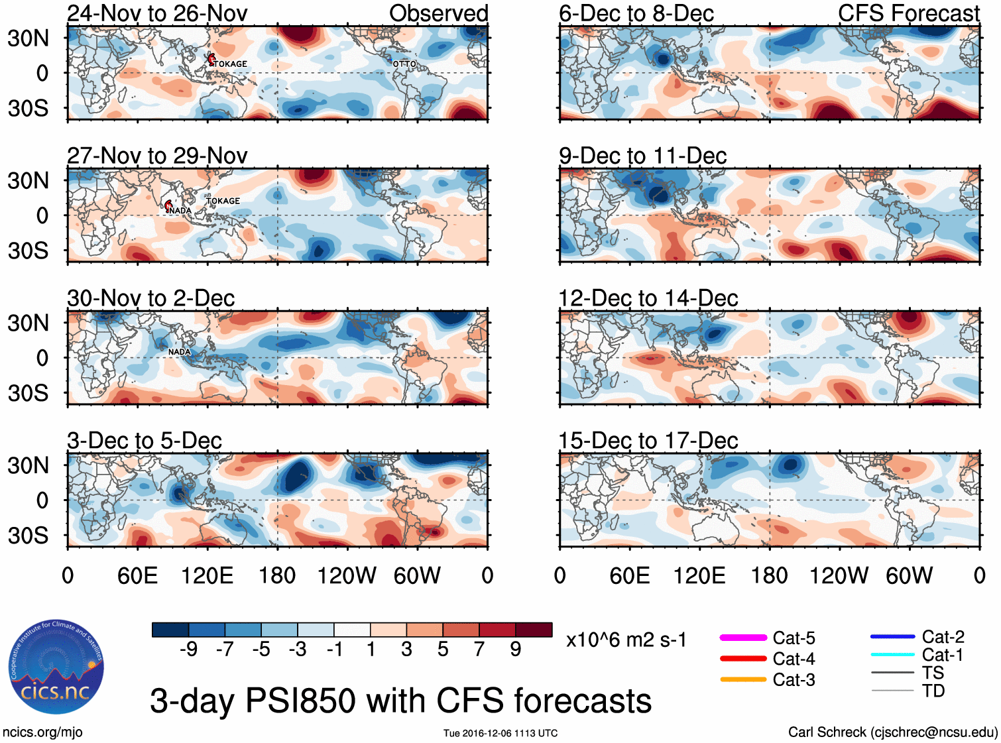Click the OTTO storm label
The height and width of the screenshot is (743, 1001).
coord(404,64)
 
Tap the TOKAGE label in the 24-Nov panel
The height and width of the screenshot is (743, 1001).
coord(231,64)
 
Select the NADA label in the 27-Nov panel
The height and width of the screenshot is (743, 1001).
coord(180,210)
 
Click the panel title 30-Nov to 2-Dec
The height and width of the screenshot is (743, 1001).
coord(151,298)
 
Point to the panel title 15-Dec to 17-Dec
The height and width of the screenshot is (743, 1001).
coord(648,441)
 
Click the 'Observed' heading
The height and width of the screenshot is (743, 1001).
coord(439,13)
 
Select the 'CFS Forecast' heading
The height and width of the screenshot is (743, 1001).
coord(909,13)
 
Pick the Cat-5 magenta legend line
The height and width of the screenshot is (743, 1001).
coord(743,638)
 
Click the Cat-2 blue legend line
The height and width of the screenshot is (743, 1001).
coord(892,636)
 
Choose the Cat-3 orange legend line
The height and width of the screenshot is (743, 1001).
coord(743,679)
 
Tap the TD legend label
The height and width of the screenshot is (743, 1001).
coord(933,691)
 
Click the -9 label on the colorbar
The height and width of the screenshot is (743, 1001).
coord(188,650)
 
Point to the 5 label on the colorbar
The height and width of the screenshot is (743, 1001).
coord(443,650)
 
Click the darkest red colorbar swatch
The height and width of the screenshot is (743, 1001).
coord(534,630)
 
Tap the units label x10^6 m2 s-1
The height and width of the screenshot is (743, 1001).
coord(626,640)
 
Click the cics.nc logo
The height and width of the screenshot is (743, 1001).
coord(56,667)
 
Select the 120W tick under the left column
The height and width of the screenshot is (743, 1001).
coord(347,575)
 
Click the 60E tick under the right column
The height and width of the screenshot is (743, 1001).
coord(629,575)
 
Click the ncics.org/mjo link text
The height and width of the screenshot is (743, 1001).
coord(42,732)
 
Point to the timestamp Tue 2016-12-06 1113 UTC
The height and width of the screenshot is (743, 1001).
coord(500,733)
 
